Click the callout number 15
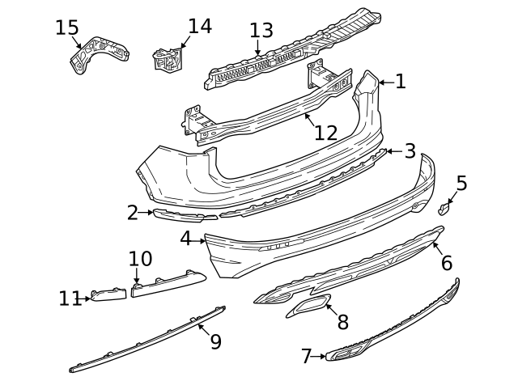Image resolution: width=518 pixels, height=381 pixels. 66,28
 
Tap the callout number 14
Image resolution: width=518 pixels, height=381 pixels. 199,26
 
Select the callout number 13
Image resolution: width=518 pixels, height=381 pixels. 261,31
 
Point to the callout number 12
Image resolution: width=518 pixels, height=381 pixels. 325,133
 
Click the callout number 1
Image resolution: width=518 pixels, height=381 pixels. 401,81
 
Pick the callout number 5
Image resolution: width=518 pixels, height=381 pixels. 461,183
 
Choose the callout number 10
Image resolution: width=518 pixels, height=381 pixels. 140,259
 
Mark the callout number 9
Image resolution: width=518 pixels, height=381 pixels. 215,341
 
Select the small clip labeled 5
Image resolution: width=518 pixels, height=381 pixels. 444,209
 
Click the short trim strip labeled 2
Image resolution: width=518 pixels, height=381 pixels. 185,214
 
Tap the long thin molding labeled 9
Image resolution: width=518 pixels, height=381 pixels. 154,333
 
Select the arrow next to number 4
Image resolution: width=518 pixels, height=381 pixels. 200,240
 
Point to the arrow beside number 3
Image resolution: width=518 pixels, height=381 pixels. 388,150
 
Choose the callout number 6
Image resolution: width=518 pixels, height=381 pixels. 446,263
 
